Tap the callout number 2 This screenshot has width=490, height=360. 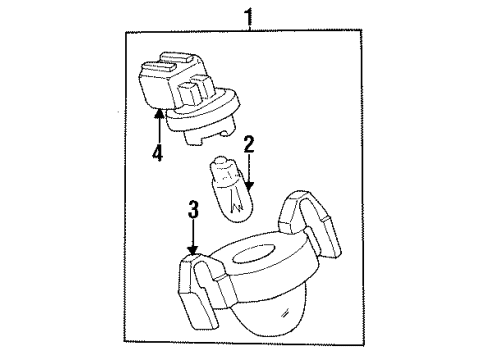tap(248, 144)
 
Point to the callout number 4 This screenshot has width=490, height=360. tap(156, 155)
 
